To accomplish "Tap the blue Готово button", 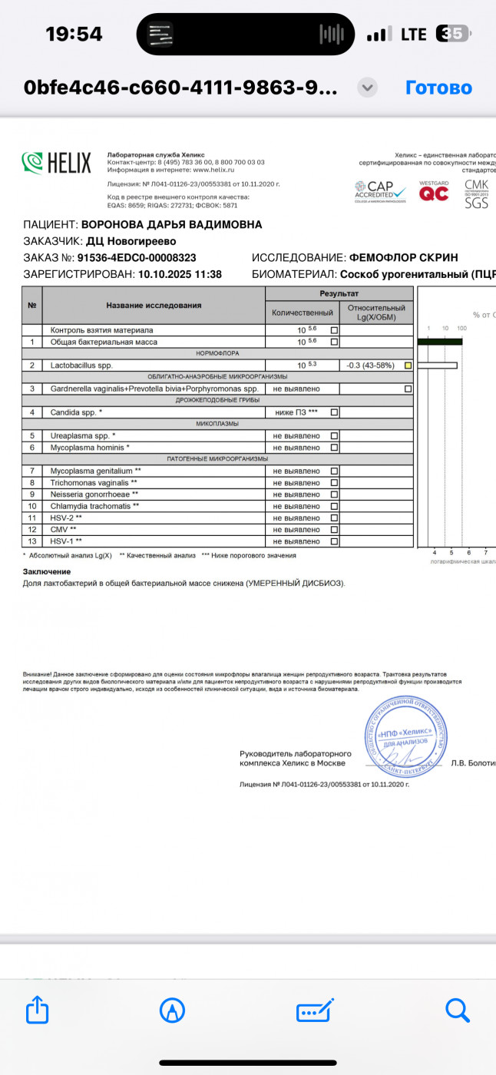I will (438, 88).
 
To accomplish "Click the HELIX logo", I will (57, 163).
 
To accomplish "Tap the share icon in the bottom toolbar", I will (38, 1009).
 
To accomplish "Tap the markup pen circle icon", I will (172, 1009).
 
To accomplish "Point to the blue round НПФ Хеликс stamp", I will (406, 733).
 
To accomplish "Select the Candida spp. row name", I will (77, 412).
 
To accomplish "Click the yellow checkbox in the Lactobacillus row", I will (408, 365).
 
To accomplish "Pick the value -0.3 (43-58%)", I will (370, 365).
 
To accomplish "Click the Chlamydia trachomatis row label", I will (95, 506).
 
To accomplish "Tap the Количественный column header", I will (303, 313).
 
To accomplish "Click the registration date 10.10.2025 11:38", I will (179, 274).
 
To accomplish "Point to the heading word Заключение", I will (47, 571).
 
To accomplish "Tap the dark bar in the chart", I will (439, 342).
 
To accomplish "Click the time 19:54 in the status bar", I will (74, 34).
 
